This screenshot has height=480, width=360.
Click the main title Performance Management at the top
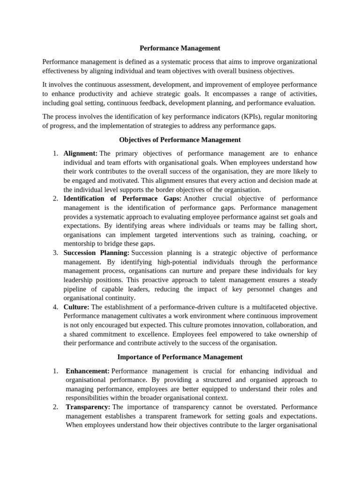pyautogui.click(x=180, y=48)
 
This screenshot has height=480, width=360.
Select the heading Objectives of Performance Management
pyautogui.click(x=180, y=140)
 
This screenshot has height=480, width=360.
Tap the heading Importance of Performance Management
pyautogui.click(x=180, y=357)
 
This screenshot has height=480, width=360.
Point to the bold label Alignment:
pyautogui.click(x=81, y=153)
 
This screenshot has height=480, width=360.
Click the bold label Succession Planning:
pyautogui.click(x=97, y=253)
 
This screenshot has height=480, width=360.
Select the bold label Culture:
pyautogui.click(x=76, y=307)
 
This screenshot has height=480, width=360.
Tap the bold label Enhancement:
pyautogui.click(x=88, y=371)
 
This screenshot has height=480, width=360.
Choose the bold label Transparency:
pyautogui.click(x=88, y=407)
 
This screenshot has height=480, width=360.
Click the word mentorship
pyautogui.click(x=81, y=244)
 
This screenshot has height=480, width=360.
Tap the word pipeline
pyautogui.click(x=75, y=289)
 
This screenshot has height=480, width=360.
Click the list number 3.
pyautogui.click(x=55, y=253)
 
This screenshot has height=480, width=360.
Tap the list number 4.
pyautogui.click(x=55, y=307)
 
